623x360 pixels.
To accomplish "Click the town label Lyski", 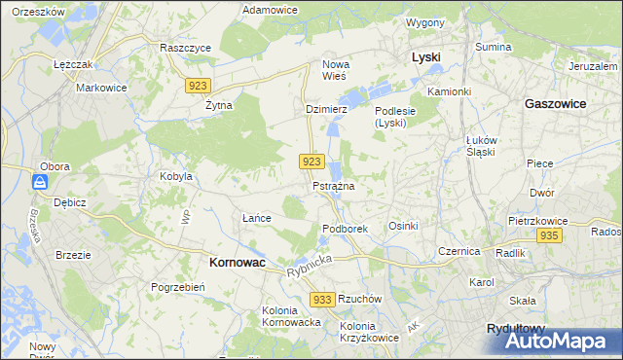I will (425, 57).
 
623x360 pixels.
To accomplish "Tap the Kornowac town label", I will (239, 262).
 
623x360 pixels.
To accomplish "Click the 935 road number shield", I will (549, 236).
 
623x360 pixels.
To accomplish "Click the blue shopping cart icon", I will (39, 182).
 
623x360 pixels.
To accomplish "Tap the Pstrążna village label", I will (333, 185).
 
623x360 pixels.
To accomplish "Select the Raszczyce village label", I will (186, 47).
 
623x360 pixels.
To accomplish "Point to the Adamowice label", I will (271, 9).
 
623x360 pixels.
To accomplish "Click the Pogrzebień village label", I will (177, 287).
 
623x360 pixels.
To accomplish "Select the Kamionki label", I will (449, 91).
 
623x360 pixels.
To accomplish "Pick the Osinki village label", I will (403, 226).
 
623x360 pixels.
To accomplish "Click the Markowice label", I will (103, 87).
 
